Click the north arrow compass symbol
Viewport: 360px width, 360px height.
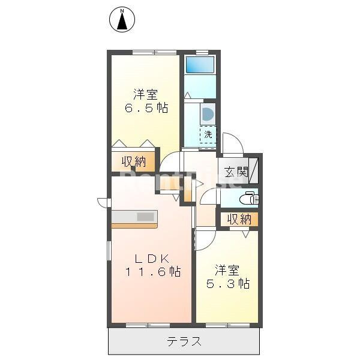click(122, 20)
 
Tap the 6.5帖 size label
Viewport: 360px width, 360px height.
click(146, 109)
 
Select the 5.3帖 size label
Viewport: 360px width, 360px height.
click(229, 284)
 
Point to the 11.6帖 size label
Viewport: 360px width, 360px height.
click(153, 272)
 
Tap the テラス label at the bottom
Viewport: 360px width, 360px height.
click(184, 343)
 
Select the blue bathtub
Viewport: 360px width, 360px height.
click(199, 64)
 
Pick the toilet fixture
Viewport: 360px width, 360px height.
click(247, 199)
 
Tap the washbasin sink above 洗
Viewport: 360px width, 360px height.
click(207, 114)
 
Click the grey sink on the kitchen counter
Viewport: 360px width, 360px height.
click(145, 217)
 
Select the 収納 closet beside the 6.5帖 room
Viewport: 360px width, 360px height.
click(134, 161)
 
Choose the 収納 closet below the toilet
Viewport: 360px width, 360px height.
click(239, 220)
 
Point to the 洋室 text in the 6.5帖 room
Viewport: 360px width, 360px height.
click(146, 94)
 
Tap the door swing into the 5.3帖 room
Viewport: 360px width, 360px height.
click(205, 239)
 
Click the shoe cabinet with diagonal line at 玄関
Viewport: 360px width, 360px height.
click(254, 170)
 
